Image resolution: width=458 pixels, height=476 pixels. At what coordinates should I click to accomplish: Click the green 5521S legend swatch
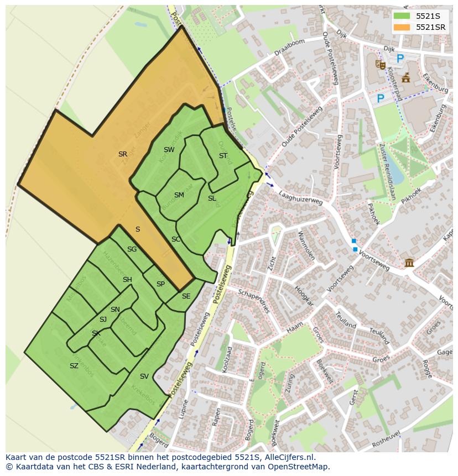402,16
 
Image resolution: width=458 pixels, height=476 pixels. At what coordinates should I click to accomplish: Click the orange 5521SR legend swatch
402,27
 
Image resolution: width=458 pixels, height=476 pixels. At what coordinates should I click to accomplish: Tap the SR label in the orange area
123,154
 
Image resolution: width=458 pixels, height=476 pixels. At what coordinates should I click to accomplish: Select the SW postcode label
169,150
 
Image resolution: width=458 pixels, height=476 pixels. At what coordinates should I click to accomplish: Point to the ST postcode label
223,156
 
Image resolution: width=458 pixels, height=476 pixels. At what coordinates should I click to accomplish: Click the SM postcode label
179,195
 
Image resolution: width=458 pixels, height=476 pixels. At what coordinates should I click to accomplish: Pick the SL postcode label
212,198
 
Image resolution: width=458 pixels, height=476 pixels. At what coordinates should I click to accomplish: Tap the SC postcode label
176,239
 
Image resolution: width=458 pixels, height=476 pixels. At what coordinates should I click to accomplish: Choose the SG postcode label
132,249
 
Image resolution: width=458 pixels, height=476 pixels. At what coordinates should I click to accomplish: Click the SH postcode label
127,280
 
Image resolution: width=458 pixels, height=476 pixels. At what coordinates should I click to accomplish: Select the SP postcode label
160,284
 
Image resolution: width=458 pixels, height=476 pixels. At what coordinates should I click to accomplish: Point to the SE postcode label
186,296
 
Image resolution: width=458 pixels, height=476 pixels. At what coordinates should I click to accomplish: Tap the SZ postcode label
74,366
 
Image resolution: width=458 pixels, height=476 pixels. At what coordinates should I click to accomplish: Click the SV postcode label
144,376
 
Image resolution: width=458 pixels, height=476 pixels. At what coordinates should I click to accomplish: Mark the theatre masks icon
380,64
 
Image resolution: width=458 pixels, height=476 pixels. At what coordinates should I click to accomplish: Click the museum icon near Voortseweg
409,262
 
